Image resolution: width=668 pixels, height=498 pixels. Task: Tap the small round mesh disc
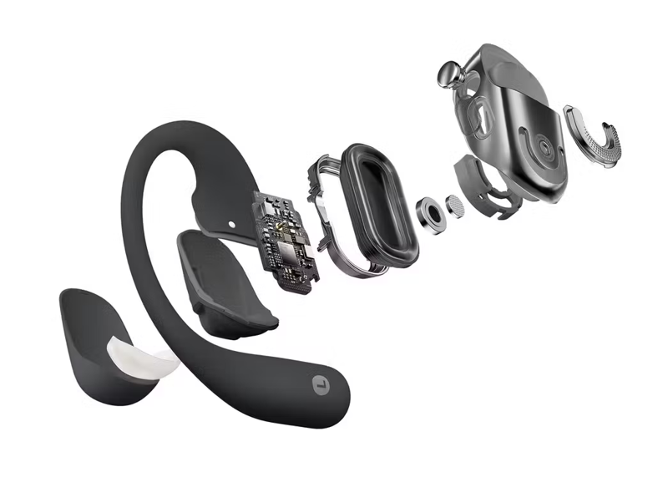[x=456, y=205]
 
